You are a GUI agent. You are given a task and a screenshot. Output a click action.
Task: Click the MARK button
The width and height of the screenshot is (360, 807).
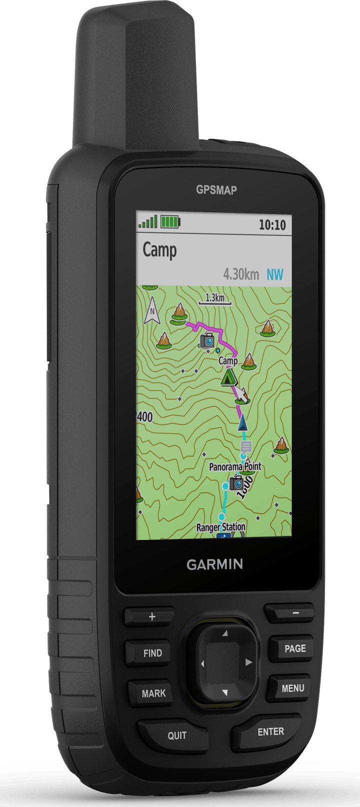[153, 693]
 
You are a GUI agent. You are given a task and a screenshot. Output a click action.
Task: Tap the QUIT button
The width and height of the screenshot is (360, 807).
[176, 735]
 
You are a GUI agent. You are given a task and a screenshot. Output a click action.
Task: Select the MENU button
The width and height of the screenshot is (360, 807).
[292, 688]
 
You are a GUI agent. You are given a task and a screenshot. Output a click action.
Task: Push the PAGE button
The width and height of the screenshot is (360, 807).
[294, 648]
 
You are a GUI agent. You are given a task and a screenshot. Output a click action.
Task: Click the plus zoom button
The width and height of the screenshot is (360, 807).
[152, 616]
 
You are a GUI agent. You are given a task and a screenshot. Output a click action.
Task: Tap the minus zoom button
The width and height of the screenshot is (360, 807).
[295, 612]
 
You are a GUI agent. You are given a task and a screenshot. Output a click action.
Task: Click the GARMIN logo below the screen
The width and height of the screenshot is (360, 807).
[214, 564]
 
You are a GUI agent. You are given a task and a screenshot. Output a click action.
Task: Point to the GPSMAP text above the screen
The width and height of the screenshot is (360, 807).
[216, 190]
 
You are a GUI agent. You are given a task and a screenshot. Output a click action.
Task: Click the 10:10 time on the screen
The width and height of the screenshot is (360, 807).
[272, 225]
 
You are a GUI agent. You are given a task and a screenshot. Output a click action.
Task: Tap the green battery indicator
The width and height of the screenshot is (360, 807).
[170, 221]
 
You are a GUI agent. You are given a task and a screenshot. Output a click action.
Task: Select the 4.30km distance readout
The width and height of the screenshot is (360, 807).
[241, 274]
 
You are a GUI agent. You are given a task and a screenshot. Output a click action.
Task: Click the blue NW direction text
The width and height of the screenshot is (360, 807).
[274, 274]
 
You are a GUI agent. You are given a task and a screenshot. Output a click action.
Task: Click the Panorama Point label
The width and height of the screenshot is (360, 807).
[235, 466]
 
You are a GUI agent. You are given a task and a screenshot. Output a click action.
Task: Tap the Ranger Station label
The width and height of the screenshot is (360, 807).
[220, 527]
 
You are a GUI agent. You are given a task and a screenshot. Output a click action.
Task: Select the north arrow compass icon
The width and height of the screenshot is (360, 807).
[152, 312]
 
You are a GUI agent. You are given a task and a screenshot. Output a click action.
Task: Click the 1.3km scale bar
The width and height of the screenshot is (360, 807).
[214, 299]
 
